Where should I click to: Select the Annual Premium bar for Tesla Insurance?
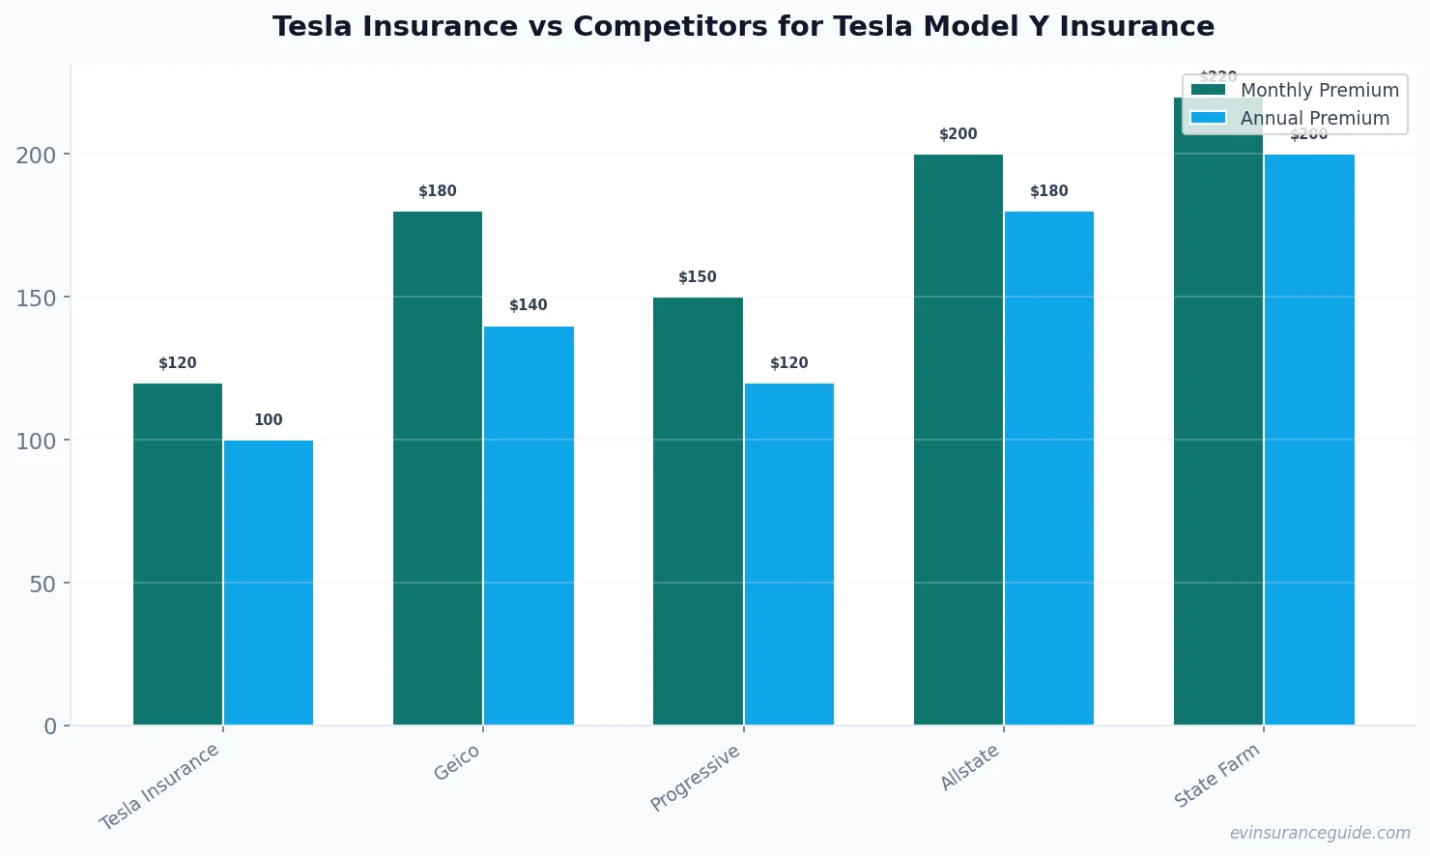coord(269,583)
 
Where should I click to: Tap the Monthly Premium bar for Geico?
coord(438,468)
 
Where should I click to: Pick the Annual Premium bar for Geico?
coord(529,526)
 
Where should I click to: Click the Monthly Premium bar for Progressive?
coord(698,511)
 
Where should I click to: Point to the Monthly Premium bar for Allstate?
coord(958,440)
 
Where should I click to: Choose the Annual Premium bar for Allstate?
coord(1049,468)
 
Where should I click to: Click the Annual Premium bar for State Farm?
coord(1309,440)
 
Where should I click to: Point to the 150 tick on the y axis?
coord(36,298)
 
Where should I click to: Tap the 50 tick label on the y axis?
coord(43,584)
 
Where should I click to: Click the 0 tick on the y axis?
coord(50,727)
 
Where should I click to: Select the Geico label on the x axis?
coord(457,763)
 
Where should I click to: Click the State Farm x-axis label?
coord(1217,776)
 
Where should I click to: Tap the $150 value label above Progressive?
coord(698,277)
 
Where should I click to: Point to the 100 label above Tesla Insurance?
coord(269,420)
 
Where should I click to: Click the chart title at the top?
coord(743,26)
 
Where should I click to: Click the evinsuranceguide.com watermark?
coord(1320,833)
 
